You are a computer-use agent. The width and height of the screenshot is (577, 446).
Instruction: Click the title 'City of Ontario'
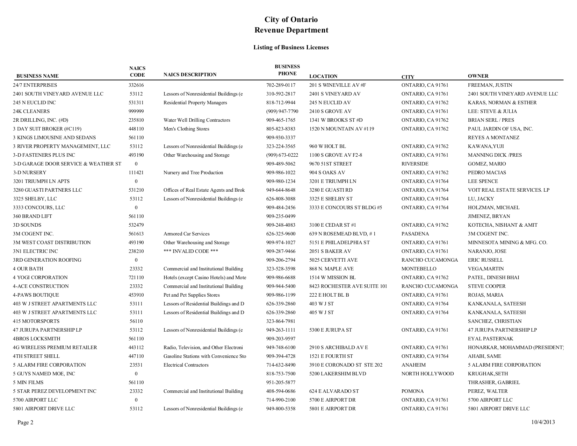click(x=291, y=20)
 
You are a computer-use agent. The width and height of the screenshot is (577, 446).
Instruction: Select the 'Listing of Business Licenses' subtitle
click(x=291, y=47)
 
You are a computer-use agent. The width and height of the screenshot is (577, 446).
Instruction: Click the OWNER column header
click(x=478, y=76)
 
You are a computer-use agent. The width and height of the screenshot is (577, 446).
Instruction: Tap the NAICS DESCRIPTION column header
click(x=190, y=75)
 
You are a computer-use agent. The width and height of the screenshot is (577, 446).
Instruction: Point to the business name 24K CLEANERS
click(x=31, y=111)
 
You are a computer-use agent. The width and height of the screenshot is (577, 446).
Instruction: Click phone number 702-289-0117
click(x=281, y=85)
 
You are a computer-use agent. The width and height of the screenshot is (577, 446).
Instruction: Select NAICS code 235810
click(x=136, y=120)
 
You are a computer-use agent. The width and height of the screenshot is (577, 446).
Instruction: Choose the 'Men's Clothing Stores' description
click(x=186, y=129)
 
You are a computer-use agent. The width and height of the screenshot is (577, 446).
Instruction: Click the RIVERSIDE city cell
click(x=415, y=164)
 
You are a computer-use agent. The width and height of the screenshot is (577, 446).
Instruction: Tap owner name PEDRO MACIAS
click(x=487, y=172)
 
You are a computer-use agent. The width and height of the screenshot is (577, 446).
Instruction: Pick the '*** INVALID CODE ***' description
click(x=191, y=251)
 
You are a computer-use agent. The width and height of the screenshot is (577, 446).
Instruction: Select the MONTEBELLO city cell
click(x=419, y=269)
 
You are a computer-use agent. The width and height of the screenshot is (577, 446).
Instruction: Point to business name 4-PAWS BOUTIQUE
click(x=36, y=295)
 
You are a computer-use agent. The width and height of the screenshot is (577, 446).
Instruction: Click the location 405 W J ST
click(x=321, y=312)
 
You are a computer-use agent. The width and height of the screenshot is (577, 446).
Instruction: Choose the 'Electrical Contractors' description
click(x=186, y=365)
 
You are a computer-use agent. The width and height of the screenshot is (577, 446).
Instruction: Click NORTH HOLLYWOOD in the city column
click(x=427, y=374)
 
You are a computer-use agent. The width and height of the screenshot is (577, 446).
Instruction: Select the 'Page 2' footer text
click(x=25, y=423)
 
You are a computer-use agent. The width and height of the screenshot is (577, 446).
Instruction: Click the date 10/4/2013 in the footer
click(x=543, y=422)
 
